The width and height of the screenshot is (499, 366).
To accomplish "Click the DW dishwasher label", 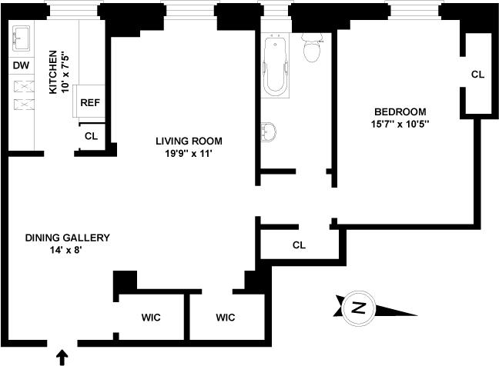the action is point(20,65).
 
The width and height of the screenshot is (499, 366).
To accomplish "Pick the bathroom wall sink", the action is point(267,131).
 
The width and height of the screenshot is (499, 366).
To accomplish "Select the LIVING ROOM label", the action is point(189,141).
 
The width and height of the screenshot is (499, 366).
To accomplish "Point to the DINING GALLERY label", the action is point(68,238).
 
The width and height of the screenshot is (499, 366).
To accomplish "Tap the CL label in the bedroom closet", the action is point(477,75).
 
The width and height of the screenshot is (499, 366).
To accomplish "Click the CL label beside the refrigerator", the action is point(91,136).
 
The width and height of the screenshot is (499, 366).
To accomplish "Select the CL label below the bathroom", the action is point(300,246).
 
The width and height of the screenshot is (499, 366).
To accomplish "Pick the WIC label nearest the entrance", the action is point(150,317).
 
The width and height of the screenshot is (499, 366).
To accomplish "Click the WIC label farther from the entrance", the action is point(225,317).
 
